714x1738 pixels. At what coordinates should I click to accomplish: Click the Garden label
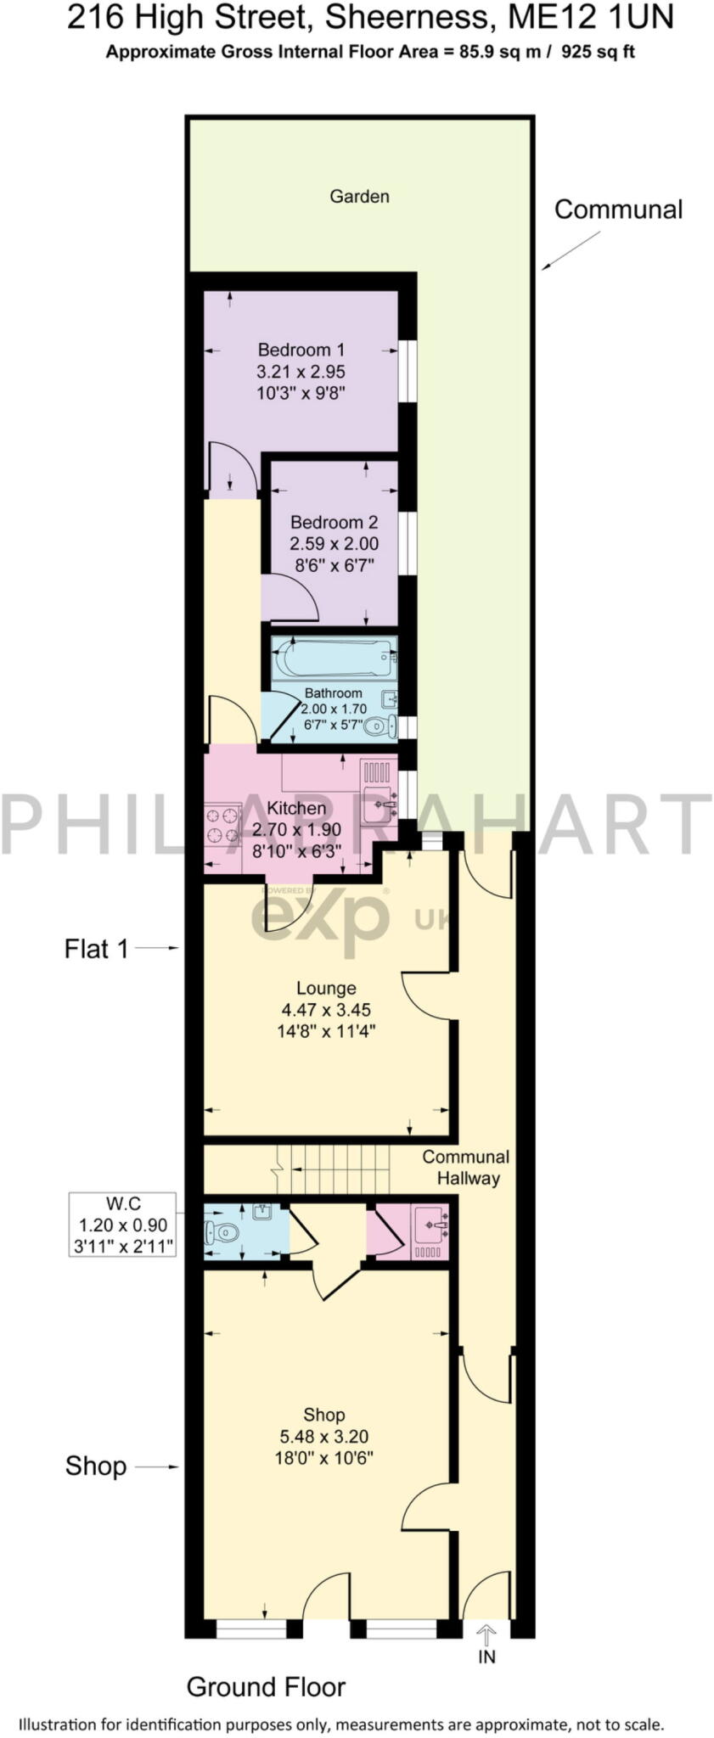[359, 196]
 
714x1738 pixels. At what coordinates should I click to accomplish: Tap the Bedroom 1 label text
[301, 349]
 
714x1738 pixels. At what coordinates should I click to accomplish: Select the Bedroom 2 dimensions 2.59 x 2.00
[334, 543]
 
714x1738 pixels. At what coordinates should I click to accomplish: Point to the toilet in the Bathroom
[380, 726]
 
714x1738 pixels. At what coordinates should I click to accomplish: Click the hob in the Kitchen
[222, 824]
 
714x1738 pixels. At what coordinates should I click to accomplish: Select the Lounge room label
[326, 988]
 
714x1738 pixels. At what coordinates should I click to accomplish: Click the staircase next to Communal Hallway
[335, 1169]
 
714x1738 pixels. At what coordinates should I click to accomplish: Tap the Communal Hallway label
[466, 1167]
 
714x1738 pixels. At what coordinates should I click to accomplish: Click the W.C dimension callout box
[123, 1225]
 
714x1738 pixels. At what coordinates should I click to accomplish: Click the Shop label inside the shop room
[323, 1415]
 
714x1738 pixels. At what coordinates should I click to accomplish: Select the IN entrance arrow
[486, 1632]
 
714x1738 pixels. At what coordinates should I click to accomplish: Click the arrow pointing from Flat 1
[157, 948]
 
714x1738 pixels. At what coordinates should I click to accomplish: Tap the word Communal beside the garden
[618, 210]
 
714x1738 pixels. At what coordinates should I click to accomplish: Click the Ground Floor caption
[266, 1686]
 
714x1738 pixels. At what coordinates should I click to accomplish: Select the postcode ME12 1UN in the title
[596, 17]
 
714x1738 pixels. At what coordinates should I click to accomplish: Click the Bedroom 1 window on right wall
[408, 371]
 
